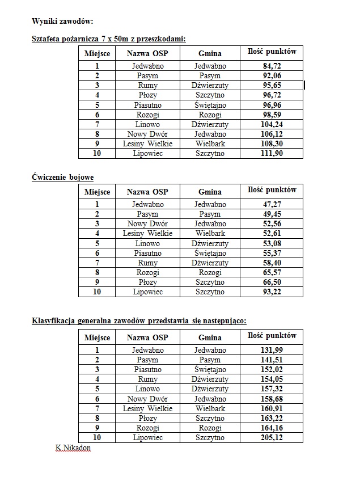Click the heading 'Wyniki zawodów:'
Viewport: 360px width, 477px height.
coord(62,21)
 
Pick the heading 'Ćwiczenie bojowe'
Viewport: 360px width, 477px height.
coord(62,178)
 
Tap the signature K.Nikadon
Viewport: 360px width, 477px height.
coord(73,448)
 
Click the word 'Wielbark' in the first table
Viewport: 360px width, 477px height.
coord(210,143)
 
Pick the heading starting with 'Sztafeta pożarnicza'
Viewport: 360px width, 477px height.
coord(108,39)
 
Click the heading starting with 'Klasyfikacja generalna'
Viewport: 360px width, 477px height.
coord(139,320)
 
